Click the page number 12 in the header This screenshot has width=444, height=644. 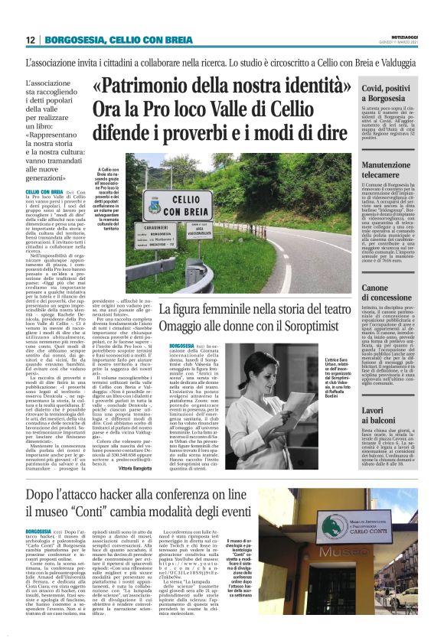30,39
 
